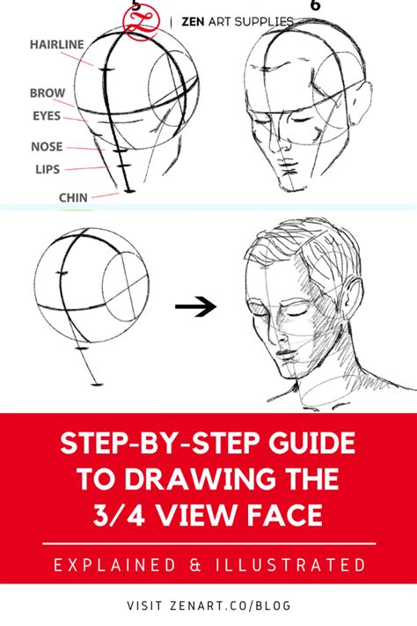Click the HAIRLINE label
pyautogui.click(x=57, y=44)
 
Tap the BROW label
pyautogui.click(x=48, y=93)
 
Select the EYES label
pyautogui.click(x=47, y=115)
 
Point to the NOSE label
pyautogui.click(x=48, y=146)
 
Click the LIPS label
pyautogui.click(x=48, y=169)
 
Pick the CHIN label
pyautogui.click(x=73, y=197)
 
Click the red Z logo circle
pyautogui.click(x=142, y=21)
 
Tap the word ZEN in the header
pyautogui.click(x=193, y=21)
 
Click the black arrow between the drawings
pyautogui.click(x=195, y=306)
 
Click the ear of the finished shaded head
pyautogui.click(x=352, y=298)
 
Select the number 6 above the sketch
pyautogui.click(x=315, y=4)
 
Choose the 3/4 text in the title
pyautogui.click(x=119, y=514)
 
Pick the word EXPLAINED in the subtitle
pyautogui.click(x=114, y=565)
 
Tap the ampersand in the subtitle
pyautogui.click(x=195, y=565)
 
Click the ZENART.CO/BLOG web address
pyautogui.click(x=230, y=605)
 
